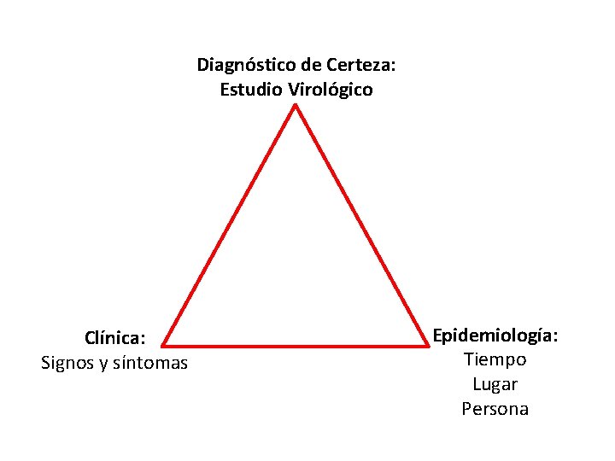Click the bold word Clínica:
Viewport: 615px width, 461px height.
tap(114, 338)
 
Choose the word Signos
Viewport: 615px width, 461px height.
tap(67, 364)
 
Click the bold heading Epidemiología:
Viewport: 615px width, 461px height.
tap(495, 336)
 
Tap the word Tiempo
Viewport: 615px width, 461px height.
tap(495, 359)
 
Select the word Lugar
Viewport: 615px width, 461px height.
tap(495, 384)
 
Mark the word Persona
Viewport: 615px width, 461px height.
tap(495, 409)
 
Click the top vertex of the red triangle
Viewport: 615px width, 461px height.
tap(295, 105)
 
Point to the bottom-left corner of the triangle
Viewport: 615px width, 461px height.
tap(162, 346)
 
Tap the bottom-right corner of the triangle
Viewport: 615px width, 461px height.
tap(427, 346)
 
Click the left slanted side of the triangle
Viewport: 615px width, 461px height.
tap(228, 226)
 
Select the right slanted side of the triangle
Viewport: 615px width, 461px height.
tap(361, 226)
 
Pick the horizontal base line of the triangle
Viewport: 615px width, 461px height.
tap(295, 346)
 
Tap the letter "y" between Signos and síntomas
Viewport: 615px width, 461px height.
tap(104, 365)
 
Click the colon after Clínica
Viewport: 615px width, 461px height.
tap(143, 339)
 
